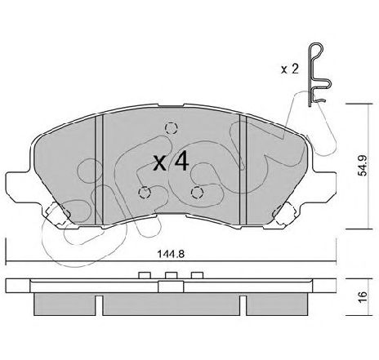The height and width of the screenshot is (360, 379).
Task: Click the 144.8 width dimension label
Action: pyautogui.click(x=171, y=254)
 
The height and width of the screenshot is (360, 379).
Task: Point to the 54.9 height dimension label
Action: pyautogui.click(x=363, y=166)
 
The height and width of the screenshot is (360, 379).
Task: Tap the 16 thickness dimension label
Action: pyautogui.click(x=363, y=297)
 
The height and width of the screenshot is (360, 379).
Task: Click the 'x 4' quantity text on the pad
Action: pyautogui.click(x=171, y=161)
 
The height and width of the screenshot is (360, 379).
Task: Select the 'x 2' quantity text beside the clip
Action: pyautogui.click(x=290, y=69)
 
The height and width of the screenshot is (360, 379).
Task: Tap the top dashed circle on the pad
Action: pyautogui.click(x=172, y=128)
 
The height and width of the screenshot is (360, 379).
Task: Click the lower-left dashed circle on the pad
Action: pyautogui.click(x=145, y=193)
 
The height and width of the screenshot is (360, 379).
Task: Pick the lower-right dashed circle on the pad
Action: pyautogui.click(x=197, y=193)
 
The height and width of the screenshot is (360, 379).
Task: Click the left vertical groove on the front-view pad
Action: pyautogui.click(x=99, y=171)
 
